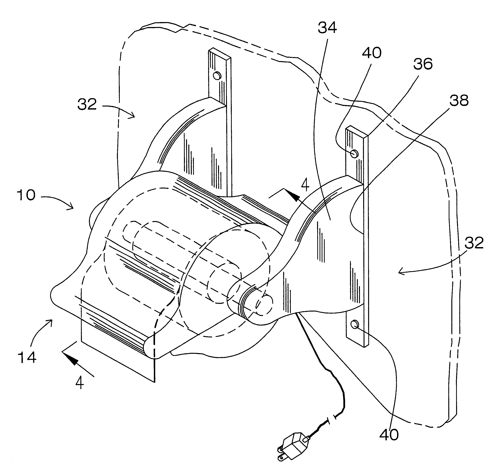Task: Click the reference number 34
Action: pyautogui.click(x=327, y=28)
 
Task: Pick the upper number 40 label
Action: pyautogui.click(x=372, y=53)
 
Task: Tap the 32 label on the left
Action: pyautogui.click(x=87, y=104)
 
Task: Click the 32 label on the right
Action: pyautogui.click(x=474, y=243)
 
